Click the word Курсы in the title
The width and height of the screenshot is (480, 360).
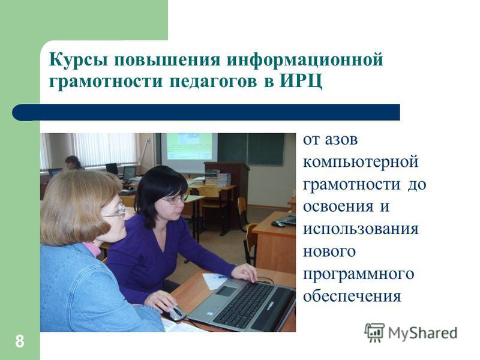[x=79, y=59]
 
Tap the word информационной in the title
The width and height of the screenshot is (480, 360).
[x=305, y=59]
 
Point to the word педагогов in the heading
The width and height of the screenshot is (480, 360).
[x=213, y=82]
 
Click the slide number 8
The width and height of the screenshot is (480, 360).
[x=20, y=341]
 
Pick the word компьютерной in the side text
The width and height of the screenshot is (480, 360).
[x=361, y=162]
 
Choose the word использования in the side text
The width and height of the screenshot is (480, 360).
[x=361, y=229]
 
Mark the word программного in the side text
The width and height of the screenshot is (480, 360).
[x=358, y=274]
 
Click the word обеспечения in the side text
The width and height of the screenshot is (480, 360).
[x=352, y=296]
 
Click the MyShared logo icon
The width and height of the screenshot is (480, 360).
[x=374, y=332]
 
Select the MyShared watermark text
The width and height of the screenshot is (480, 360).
[x=422, y=333]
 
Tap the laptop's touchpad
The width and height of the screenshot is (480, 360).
[x=226, y=291]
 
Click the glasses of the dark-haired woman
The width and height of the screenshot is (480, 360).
[x=175, y=200]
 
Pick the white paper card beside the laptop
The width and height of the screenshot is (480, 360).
[x=215, y=281]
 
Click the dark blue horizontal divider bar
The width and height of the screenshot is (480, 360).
[x=206, y=112]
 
